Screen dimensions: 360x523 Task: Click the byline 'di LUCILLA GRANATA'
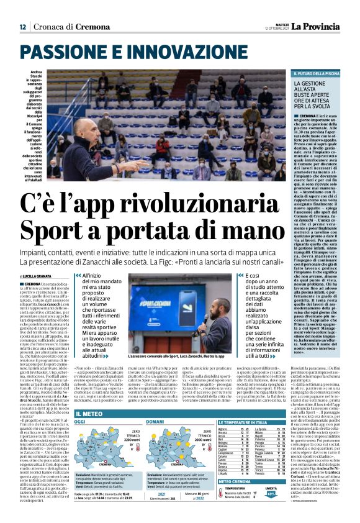click(39, 275)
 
